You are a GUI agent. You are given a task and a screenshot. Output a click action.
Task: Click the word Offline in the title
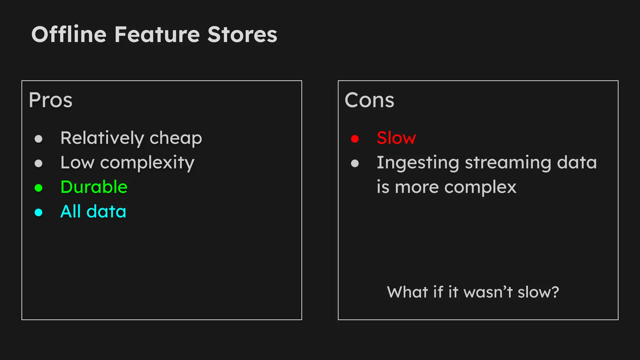[69, 34]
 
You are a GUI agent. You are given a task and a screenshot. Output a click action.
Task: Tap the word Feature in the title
[157, 34]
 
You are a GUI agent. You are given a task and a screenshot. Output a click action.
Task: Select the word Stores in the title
[242, 34]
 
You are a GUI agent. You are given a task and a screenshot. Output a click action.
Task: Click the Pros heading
[51, 100]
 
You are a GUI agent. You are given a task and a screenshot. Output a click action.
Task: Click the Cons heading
[369, 100]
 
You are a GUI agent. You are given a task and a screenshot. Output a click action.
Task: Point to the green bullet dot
[38, 188]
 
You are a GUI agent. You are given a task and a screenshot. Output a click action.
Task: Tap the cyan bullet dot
[38, 212]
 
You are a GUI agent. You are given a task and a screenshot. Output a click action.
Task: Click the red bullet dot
[355, 138]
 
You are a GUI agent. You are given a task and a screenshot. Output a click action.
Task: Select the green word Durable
[94, 187]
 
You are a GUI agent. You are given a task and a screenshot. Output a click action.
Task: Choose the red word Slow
[396, 138]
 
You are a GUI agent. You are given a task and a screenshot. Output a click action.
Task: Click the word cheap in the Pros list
[176, 138]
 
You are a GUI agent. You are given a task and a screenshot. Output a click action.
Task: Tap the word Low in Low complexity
[77, 162]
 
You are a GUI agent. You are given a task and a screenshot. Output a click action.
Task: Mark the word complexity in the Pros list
[147, 163]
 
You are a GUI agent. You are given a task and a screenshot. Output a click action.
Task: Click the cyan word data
[106, 212]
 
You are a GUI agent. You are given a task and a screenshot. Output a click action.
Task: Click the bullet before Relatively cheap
[38, 138]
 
